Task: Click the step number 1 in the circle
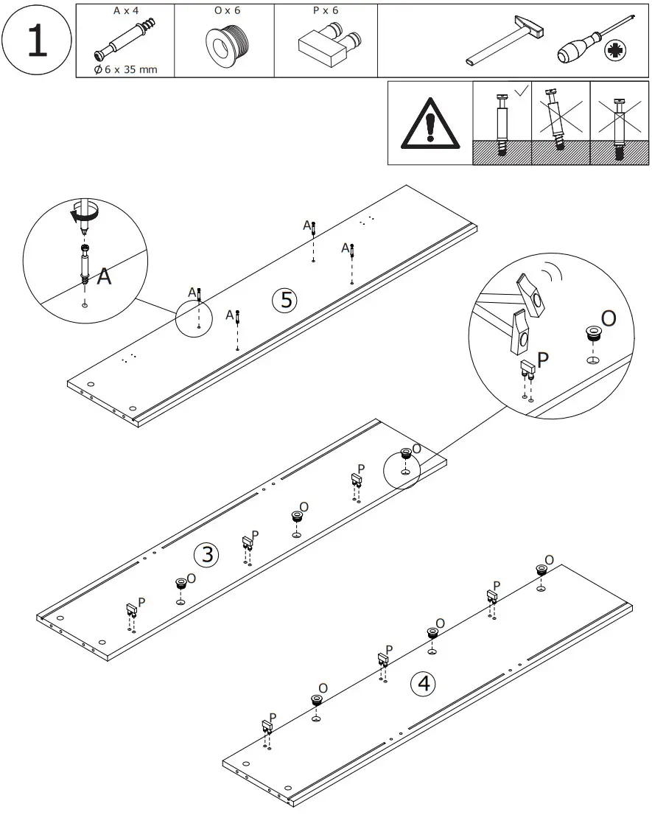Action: [x=36, y=41]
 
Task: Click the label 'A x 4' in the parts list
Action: [x=126, y=12]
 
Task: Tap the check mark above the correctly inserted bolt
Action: [x=520, y=91]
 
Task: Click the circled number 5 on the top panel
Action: [x=285, y=300]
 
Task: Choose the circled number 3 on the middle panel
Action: [x=206, y=554]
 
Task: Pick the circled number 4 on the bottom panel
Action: [x=423, y=684]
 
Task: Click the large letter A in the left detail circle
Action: [x=105, y=277]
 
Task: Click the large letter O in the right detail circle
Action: [x=608, y=318]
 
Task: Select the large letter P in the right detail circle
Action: [x=543, y=360]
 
